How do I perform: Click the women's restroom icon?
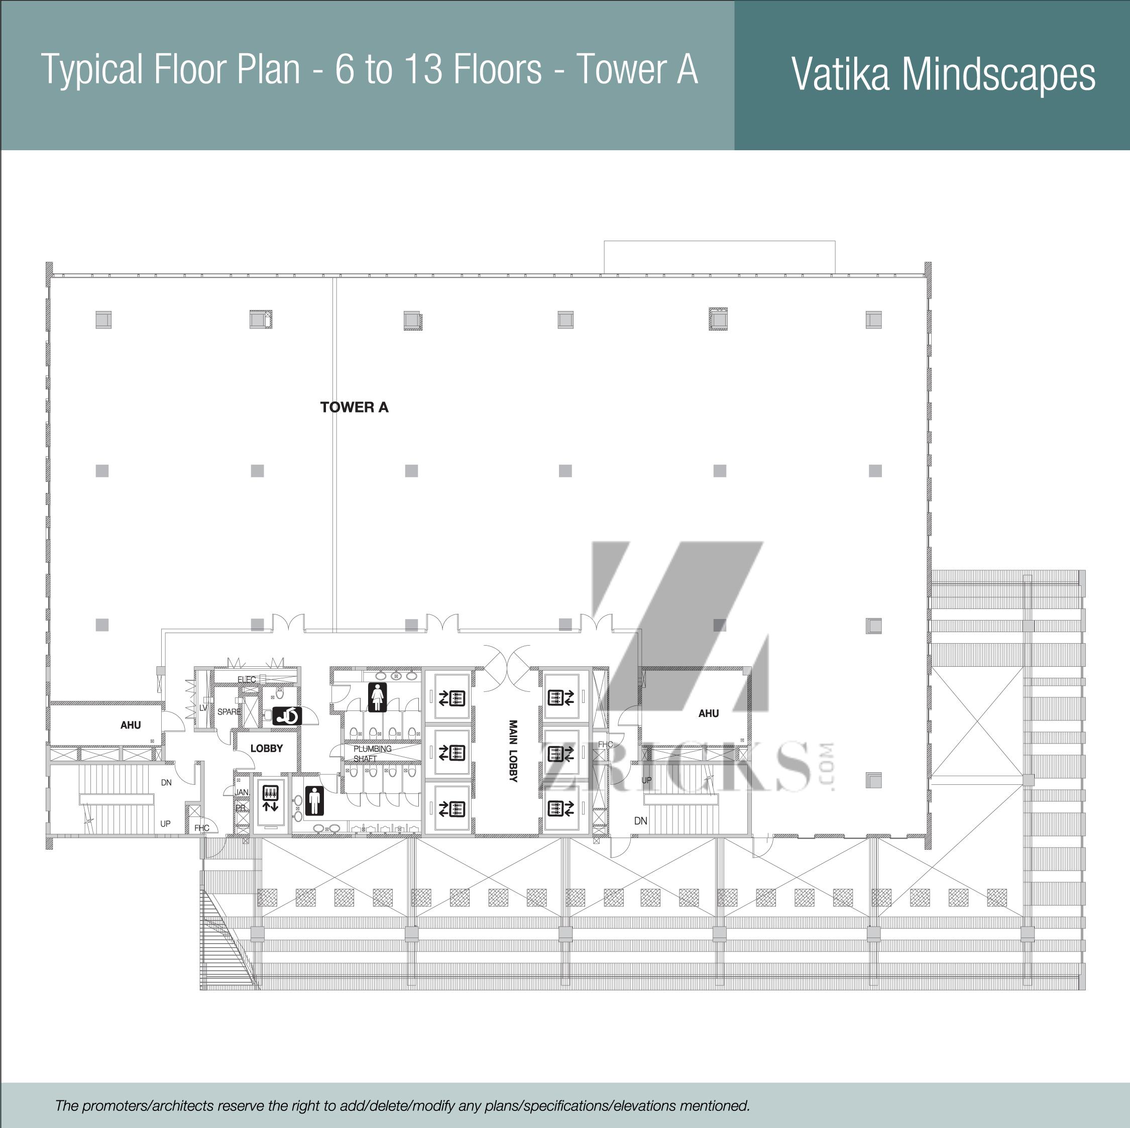378,697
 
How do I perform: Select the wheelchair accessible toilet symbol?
287,716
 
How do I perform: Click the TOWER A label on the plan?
355,407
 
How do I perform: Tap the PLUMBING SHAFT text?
372,754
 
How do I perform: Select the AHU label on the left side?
131,725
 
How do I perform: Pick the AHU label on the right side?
708,713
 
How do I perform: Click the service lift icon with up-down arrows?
270,799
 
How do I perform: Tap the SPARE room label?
229,711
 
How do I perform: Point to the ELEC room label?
246,679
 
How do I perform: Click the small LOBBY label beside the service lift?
267,748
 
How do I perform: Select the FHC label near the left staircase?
202,828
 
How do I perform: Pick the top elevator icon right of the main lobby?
561,697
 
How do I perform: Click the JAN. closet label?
242,792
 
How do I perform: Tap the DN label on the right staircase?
640,821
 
